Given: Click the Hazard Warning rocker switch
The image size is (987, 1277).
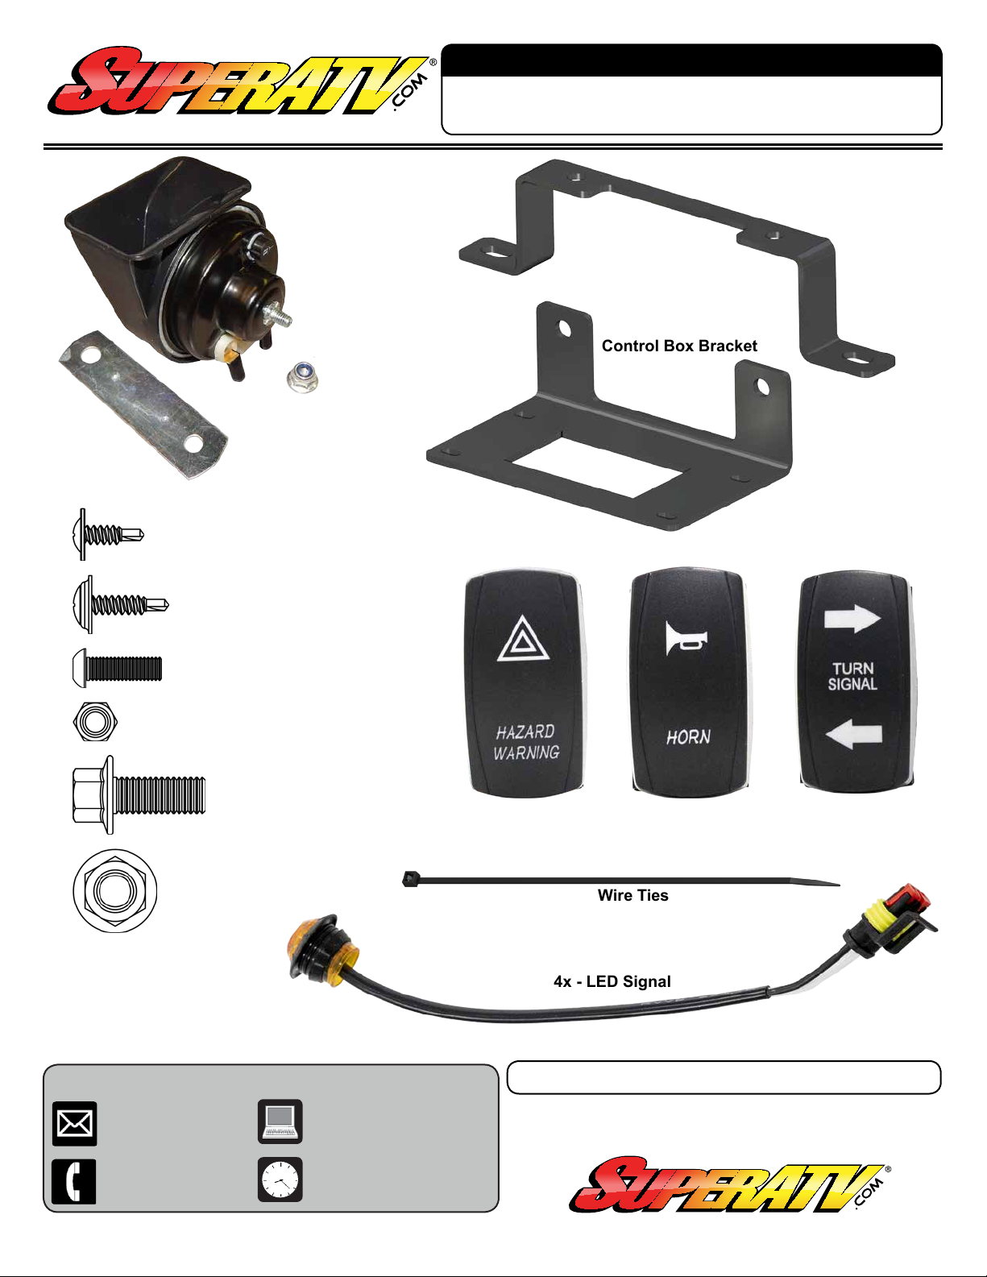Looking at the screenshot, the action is [525, 683].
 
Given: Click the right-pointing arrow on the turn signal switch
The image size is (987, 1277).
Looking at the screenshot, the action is [852, 618].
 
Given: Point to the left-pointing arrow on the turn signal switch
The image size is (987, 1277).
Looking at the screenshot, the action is [853, 734].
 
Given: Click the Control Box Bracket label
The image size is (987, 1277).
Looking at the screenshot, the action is [679, 346].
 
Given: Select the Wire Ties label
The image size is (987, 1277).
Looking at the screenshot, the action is [632, 895].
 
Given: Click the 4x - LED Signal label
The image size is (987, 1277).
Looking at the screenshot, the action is [612, 981].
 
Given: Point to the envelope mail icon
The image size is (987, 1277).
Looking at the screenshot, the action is [75, 1124].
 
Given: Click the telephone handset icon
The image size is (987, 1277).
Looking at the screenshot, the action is [74, 1181].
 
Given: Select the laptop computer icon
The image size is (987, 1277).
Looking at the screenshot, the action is [280, 1122].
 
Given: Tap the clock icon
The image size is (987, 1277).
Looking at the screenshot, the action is [280, 1180].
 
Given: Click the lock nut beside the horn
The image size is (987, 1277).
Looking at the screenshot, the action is [303, 377].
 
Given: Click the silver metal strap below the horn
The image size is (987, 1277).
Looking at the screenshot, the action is [143, 405].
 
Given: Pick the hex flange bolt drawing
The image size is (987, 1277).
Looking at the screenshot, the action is [139, 794].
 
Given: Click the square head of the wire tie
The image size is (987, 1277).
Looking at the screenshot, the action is [409, 879].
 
